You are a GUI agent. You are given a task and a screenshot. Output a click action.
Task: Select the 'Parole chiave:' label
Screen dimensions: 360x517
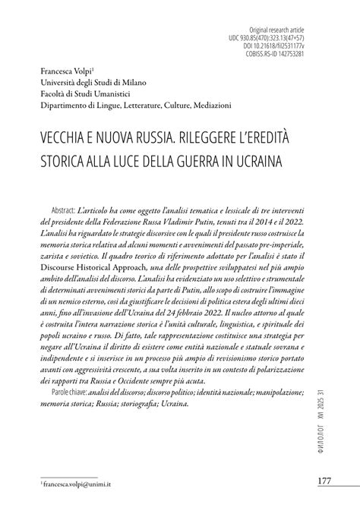(65, 392)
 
